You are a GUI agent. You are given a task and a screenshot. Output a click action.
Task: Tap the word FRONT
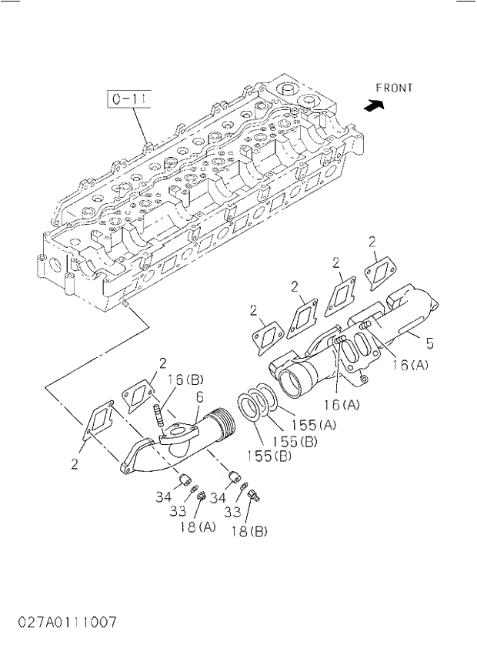pyautogui.click(x=395, y=89)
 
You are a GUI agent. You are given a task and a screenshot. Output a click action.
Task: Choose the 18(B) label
pyautogui.click(x=249, y=531)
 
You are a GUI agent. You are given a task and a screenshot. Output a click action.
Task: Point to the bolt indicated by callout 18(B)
pyautogui.click(x=255, y=496)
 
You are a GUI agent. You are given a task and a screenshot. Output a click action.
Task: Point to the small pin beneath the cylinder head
pyautogui.click(x=124, y=308)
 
